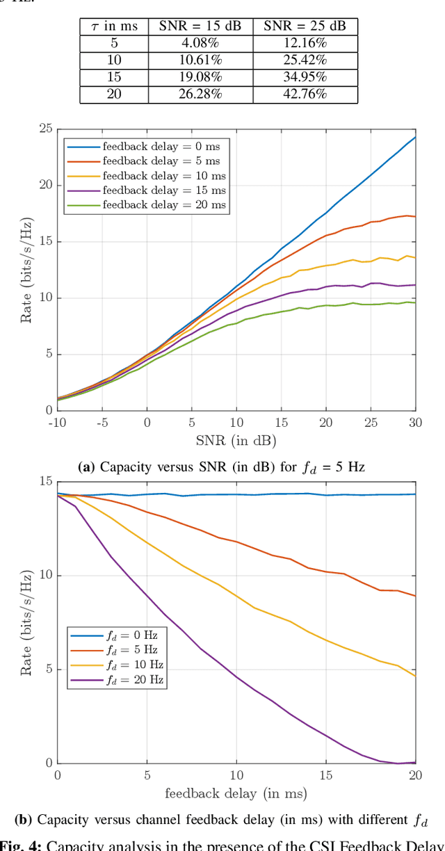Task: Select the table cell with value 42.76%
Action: (305, 95)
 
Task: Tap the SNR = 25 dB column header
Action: (305, 26)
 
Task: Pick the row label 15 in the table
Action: (114, 77)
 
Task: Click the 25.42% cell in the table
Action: (305, 60)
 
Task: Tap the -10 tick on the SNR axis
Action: (56, 422)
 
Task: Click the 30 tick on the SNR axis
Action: (416, 422)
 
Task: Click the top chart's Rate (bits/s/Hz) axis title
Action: (26, 270)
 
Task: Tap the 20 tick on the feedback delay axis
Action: (416, 775)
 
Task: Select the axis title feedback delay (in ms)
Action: (236, 793)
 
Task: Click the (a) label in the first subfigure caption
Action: (87, 467)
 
